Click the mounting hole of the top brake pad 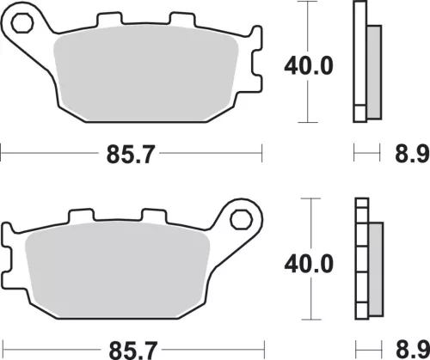click(22, 22)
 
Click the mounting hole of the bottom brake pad click(241, 219)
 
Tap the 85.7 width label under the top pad click(131, 155)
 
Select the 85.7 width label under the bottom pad click(133, 351)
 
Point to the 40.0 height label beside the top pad click(309, 66)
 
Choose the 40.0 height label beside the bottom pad click(309, 265)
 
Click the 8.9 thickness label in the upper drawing click(412, 155)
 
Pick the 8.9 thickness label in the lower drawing click(413, 350)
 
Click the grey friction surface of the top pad click(146, 73)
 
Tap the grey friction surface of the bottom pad click(118, 270)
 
